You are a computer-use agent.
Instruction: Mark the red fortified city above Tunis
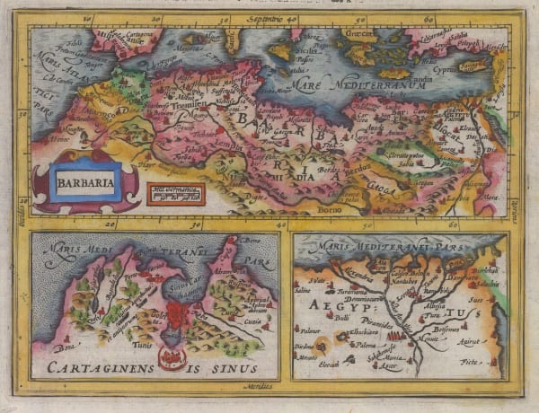[178, 316]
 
